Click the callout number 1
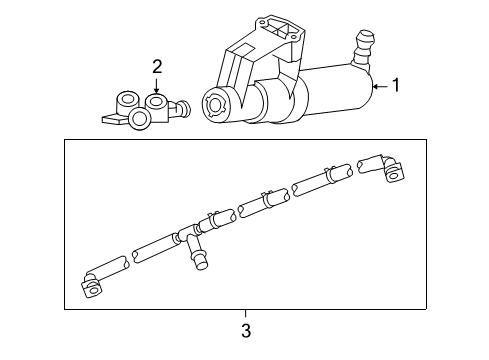pyautogui.click(x=397, y=86)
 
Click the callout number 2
pyautogui.click(x=157, y=66)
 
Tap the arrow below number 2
pyautogui.click(x=157, y=86)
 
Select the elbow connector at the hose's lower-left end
pyautogui.click(x=91, y=287)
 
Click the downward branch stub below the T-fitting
pyautogui.click(x=198, y=259)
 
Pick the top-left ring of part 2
pyautogui.click(x=128, y=101)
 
